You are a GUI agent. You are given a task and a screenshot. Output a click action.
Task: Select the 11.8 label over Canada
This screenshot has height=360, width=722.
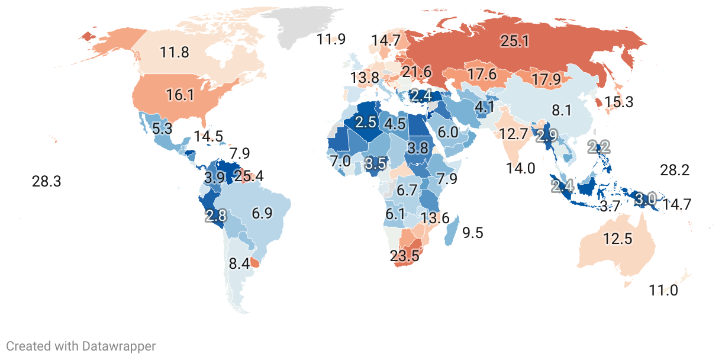(175, 52)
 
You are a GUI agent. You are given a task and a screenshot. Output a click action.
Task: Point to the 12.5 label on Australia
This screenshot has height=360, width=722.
(618, 239)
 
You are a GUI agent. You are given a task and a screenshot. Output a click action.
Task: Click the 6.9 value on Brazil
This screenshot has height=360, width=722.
(262, 213)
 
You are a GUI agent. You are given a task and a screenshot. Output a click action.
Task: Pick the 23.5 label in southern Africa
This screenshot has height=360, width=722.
(404, 256)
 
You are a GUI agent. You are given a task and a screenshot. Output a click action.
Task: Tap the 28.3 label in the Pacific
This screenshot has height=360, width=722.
(46, 182)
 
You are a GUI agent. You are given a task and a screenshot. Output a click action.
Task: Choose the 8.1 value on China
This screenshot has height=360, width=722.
(561, 111)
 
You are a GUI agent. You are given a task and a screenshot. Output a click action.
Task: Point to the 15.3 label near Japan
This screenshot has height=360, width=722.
(618, 102)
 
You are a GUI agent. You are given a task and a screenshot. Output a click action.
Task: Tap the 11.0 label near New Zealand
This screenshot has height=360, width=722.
(663, 291)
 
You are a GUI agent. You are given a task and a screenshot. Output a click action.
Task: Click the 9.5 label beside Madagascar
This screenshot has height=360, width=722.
(473, 233)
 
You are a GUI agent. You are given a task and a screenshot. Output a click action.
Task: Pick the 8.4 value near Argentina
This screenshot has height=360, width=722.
(239, 263)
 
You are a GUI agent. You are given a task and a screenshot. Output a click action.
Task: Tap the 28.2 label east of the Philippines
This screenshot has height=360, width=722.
(675, 171)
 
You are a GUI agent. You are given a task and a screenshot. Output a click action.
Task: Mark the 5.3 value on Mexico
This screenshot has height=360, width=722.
(162, 128)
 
